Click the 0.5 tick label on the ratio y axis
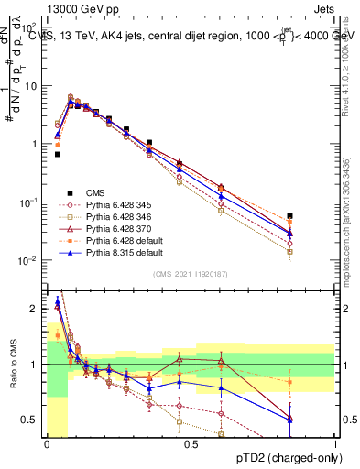31,420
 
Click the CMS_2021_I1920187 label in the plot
191,273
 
